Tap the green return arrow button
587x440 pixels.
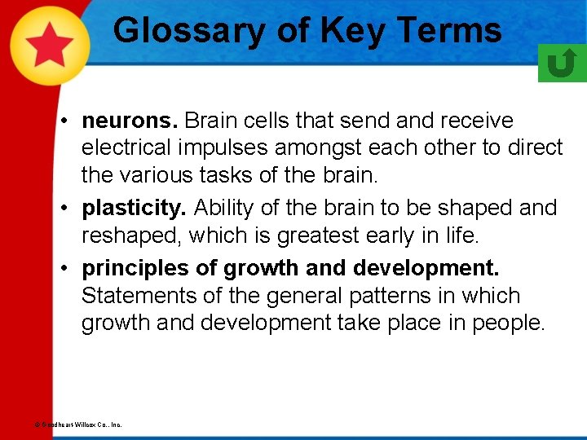click(x=562, y=63)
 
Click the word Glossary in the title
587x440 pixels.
click(x=188, y=31)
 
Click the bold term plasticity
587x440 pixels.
click(x=134, y=209)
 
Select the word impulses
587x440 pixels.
click(x=230, y=148)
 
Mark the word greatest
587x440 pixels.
click(x=314, y=236)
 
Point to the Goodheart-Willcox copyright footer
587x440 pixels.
click(x=78, y=425)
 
